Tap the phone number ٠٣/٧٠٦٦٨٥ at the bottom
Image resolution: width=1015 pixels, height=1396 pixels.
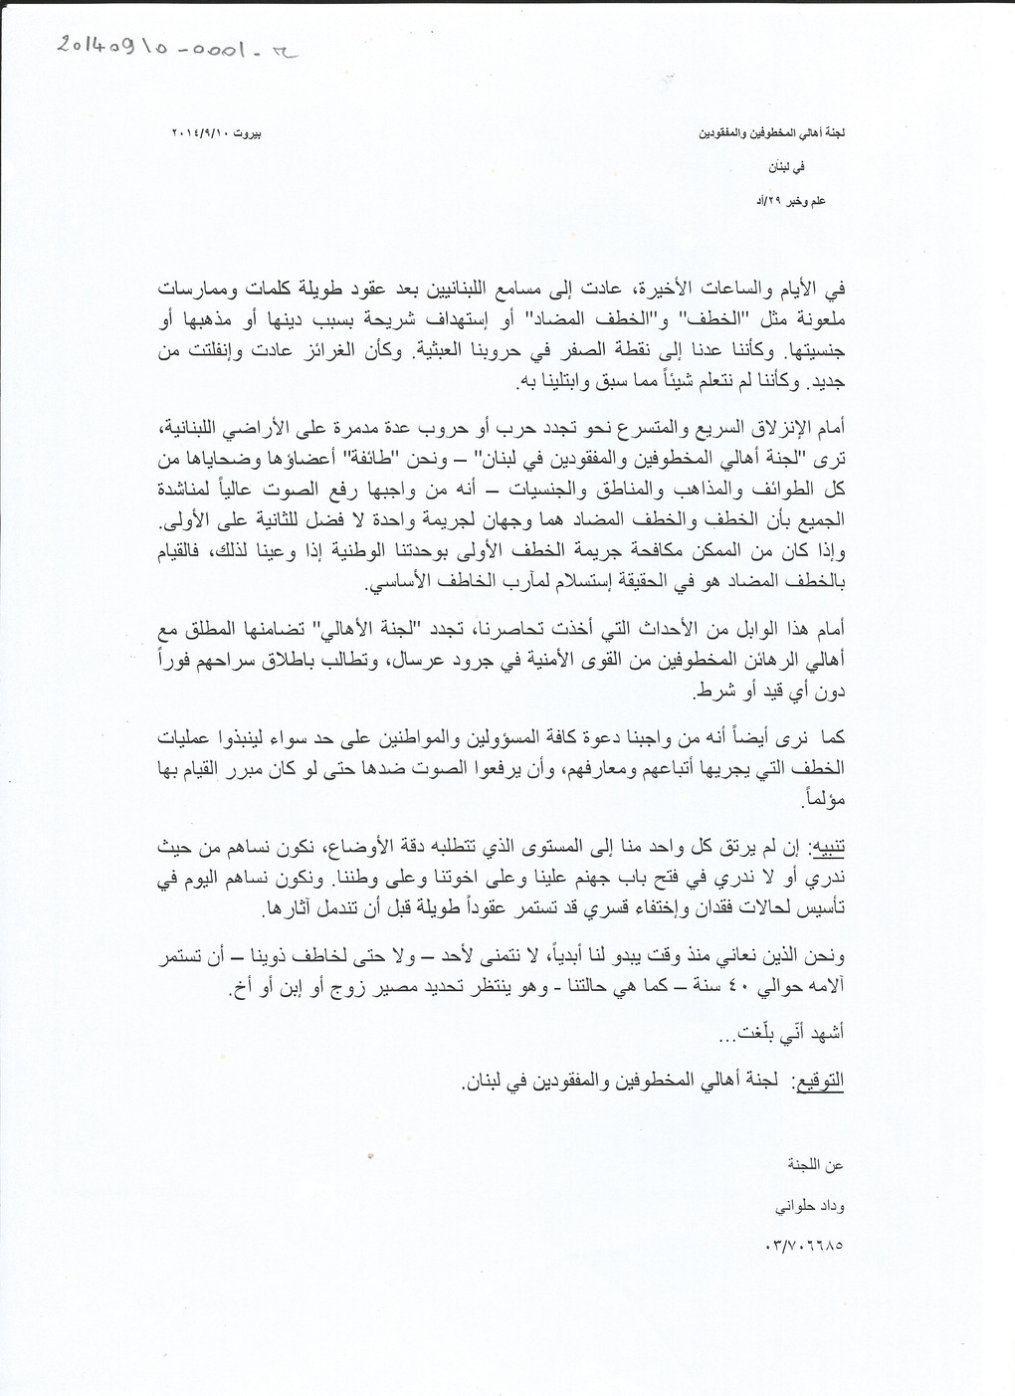(804, 1244)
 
